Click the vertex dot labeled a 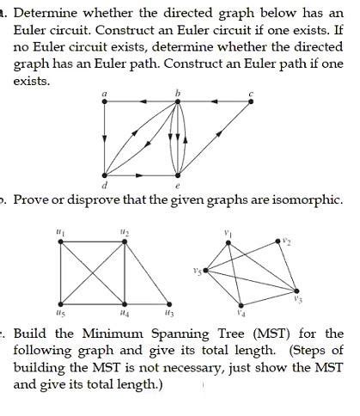click(104, 101)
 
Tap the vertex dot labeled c click(251, 101)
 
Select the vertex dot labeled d click(104, 174)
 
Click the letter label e click(177, 185)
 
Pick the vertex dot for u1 click(59, 242)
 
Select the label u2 click(125, 232)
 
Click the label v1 click(227, 232)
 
